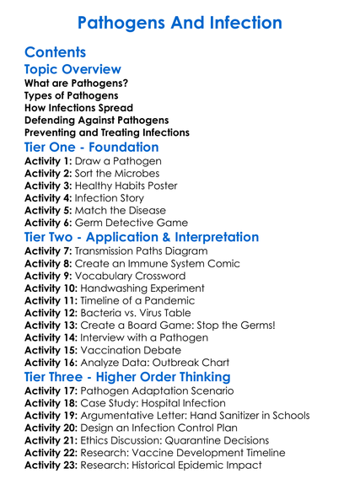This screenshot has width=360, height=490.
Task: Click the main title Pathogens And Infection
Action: coord(180,20)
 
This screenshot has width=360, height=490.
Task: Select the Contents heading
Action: coord(56,52)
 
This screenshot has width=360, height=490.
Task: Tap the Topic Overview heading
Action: coord(73,69)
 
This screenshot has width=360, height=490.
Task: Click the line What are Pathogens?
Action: coord(76,83)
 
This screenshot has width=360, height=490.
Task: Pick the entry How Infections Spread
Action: coord(78,107)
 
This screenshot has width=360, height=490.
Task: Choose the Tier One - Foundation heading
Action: coord(93,147)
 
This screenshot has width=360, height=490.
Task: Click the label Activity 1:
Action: coord(49,161)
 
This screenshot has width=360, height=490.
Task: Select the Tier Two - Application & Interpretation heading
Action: coord(142,237)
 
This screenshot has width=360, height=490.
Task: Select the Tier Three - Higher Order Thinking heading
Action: coord(127,376)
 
